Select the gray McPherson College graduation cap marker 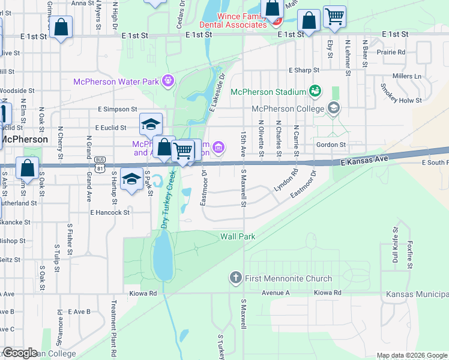click(334, 109)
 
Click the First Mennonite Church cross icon click(235, 278)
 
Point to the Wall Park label click(238, 236)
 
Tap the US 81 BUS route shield click(100, 160)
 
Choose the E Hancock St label click(110, 212)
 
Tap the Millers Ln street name click(406, 76)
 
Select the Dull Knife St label click(395, 245)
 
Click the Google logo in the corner click(20, 353)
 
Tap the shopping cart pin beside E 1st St click(334, 17)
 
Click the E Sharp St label click(304, 70)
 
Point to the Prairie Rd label click(392, 52)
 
